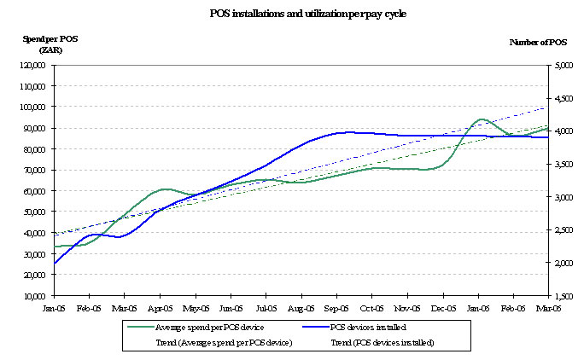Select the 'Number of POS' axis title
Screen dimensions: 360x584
coord(538,42)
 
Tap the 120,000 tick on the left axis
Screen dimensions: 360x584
coord(35,65)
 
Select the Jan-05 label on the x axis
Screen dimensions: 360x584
coord(53,308)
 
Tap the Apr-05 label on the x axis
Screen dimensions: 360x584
coord(161,308)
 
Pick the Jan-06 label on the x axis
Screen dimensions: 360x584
coord(478,308)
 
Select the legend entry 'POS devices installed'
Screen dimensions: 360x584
coord(369,328)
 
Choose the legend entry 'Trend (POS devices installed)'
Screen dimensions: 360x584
coord(382,342)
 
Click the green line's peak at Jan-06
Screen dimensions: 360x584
coord(481,119)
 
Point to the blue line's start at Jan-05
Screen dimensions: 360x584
coord(54,264)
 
